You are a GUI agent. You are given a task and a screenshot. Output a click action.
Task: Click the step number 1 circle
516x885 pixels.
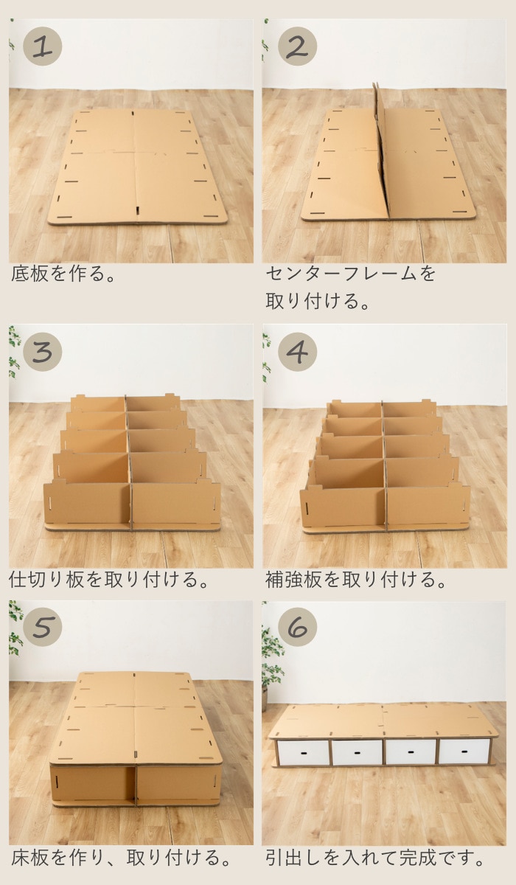coord(42,46)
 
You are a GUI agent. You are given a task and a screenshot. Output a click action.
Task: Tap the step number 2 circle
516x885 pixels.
coord(296,46)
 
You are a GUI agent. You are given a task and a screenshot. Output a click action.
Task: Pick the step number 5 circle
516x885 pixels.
coord(42,627)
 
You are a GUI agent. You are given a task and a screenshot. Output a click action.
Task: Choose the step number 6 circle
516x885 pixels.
coord(296,627)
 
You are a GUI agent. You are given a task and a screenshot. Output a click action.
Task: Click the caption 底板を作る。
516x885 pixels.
coord(66,274)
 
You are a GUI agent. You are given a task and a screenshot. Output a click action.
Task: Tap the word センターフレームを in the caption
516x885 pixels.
coord(351,274)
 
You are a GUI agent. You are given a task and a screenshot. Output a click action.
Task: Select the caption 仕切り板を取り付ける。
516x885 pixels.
coord(109,579)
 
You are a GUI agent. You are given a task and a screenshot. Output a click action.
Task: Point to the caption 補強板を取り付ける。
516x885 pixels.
coord(357,579)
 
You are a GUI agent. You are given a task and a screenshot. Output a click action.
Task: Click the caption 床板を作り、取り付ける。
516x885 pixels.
coord(121,858)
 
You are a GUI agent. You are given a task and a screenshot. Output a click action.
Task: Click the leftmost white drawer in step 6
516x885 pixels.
coord(302,752)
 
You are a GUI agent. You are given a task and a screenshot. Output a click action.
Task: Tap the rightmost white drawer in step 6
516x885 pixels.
coord(464,752)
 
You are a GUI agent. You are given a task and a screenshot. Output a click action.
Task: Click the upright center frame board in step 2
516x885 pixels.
coord(382,151)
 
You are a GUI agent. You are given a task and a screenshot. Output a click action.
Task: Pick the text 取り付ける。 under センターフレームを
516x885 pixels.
coord(317,302)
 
